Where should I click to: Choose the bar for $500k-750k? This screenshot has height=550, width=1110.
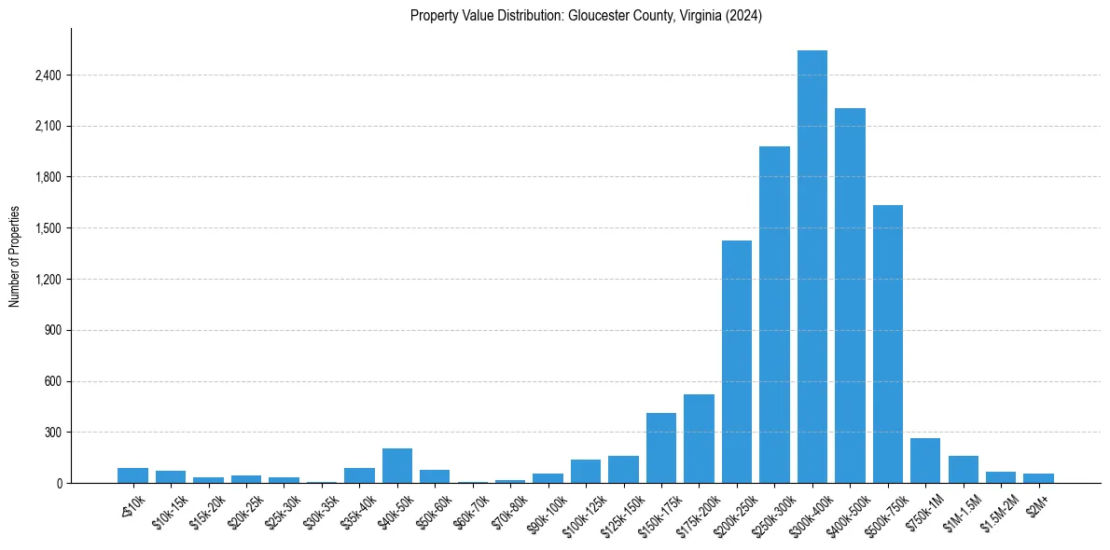(887, 344)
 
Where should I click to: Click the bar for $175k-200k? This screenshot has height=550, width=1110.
(699, 439)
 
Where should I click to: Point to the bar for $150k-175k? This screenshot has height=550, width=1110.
(661, 448)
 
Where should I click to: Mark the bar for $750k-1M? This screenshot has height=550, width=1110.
(925, 461)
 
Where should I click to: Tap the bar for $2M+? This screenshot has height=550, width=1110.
(1038, 478)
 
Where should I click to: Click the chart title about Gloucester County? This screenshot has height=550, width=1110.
(586, 16)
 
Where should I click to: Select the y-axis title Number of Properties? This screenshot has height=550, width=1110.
(15, 256)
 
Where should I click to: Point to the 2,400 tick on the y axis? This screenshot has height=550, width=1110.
(48, 76)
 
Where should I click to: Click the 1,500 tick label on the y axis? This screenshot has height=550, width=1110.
(48, 228)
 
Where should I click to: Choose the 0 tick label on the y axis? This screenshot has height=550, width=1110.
(58, 484)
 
